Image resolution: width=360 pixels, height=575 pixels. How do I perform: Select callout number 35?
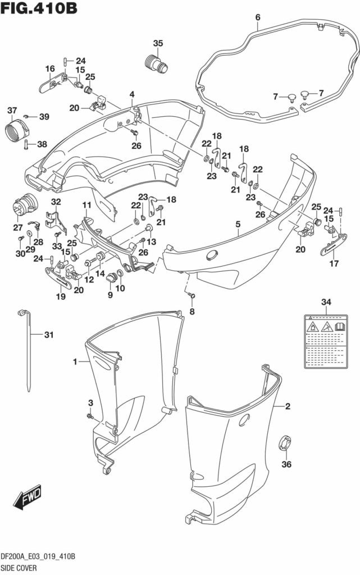point(158,43)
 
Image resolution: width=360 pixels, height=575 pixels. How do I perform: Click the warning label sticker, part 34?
point(326,341)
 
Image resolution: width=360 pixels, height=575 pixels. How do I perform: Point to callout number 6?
point(258,17)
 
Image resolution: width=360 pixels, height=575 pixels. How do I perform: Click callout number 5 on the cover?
point(238,224)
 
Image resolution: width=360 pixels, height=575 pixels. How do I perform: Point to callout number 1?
point(75,362)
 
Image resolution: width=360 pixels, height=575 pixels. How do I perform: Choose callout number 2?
point(287,407)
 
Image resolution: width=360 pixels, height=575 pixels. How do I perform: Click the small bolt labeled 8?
point(192,295)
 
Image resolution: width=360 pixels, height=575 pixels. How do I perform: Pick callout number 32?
point(56,202)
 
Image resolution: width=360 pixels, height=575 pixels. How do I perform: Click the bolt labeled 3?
point(90,416)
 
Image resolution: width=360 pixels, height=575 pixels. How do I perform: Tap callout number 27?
point(19,227)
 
